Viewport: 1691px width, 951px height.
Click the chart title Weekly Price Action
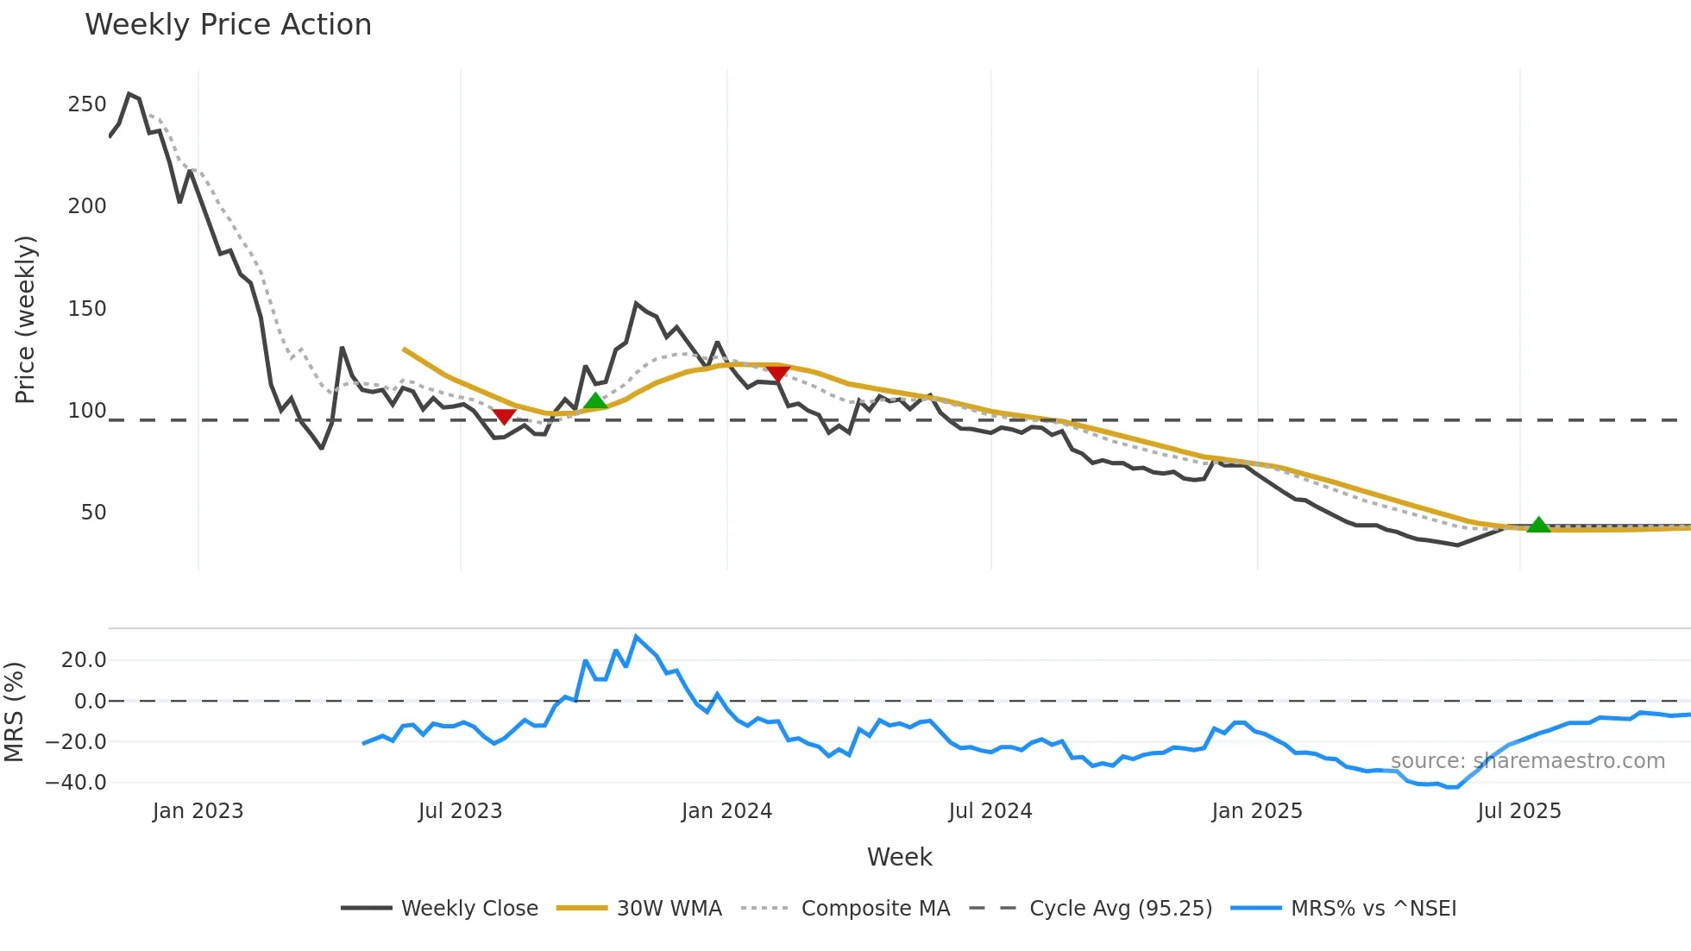(228, 25)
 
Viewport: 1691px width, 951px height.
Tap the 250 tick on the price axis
(87, 104)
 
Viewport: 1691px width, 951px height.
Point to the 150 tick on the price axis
(87, 309)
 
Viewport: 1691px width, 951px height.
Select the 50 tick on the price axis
(93, 513)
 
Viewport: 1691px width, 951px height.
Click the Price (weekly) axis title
(25, 319)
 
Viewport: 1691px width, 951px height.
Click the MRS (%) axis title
(14, 712)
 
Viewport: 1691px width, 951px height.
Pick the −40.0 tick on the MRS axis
(76, 783)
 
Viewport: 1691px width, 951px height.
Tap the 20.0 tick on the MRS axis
(84, 660)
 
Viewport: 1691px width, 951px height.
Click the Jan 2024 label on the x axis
(726, 811)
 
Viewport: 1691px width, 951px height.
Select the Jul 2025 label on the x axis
(1519, 811)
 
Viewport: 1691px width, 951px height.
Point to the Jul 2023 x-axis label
(460, 811)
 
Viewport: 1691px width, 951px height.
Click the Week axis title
(899, 857)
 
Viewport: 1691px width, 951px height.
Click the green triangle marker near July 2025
(1538, 525)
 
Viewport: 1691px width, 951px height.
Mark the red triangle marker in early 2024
(777, 373)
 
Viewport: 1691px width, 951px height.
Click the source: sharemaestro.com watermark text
(1527, 761)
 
